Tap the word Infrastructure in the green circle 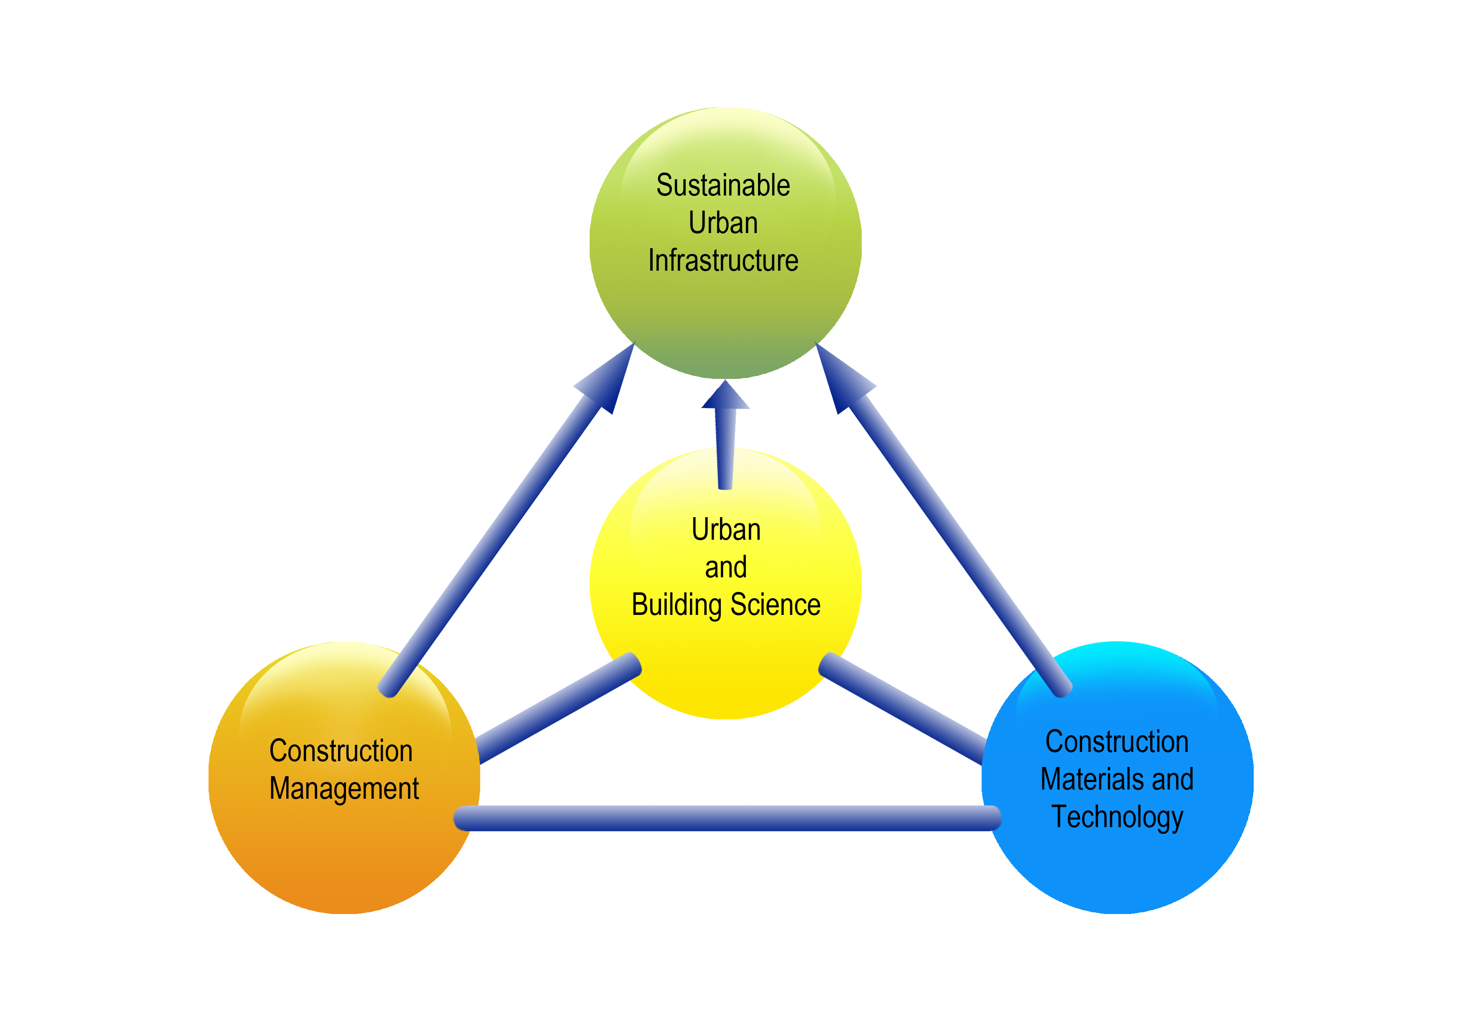tap(723, 260)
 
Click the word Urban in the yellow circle tap(726, 530)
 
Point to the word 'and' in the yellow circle tap(726, 567)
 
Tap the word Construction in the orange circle tap(341, 751)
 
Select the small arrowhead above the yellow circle tap(725, 396)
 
